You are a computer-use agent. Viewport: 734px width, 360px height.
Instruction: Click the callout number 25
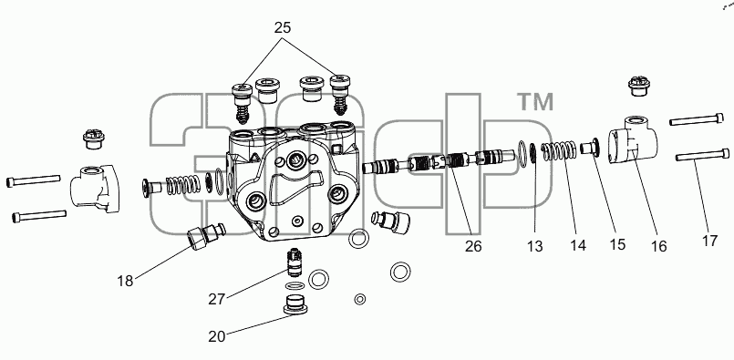(x=283, y=27)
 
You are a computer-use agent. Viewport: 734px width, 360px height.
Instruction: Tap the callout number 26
(x=473, y=246)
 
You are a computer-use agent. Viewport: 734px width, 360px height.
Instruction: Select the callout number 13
(x=534, y=246)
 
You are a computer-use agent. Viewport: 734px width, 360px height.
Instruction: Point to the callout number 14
(x=578, y=245)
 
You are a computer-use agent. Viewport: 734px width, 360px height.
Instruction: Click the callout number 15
(x=617, y=244)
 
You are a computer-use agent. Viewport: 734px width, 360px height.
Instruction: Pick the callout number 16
(x=658, y=246)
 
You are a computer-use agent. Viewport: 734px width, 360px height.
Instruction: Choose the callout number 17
(x=709, y=241)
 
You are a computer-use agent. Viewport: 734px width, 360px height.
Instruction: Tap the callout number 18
(x=125, y=281)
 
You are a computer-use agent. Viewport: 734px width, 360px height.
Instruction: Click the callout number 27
(x=217, y=299)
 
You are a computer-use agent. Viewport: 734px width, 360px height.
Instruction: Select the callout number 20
(x=217, y=336)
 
